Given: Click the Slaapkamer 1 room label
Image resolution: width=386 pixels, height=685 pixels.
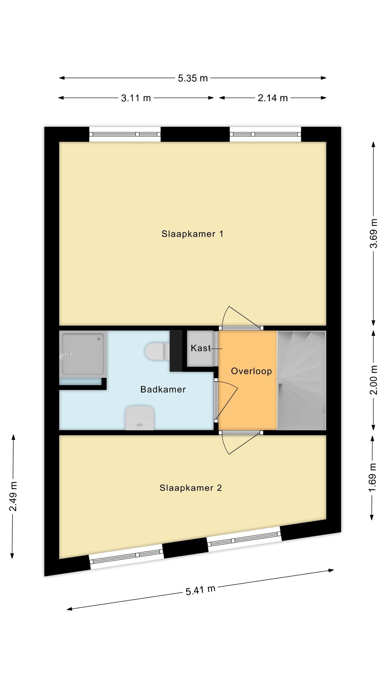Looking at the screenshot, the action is [192, 234].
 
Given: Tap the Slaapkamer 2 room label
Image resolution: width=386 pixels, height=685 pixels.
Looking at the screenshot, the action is [190, 488].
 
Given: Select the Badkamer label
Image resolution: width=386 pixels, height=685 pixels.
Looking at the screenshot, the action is [163, 389].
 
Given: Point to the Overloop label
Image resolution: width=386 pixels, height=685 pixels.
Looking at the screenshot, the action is [251, 371].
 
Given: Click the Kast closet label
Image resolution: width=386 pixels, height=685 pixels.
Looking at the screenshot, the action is [201, 348].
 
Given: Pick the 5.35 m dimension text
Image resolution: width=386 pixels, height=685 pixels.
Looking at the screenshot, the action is [193, 78].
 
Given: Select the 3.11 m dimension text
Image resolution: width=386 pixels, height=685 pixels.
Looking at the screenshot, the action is [136, 98].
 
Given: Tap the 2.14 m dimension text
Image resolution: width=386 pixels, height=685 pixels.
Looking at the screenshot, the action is [273, 98].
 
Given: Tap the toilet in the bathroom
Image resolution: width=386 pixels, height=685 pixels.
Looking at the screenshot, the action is [157, 351].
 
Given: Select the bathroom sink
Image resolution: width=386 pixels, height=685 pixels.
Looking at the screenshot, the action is [139, 418].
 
